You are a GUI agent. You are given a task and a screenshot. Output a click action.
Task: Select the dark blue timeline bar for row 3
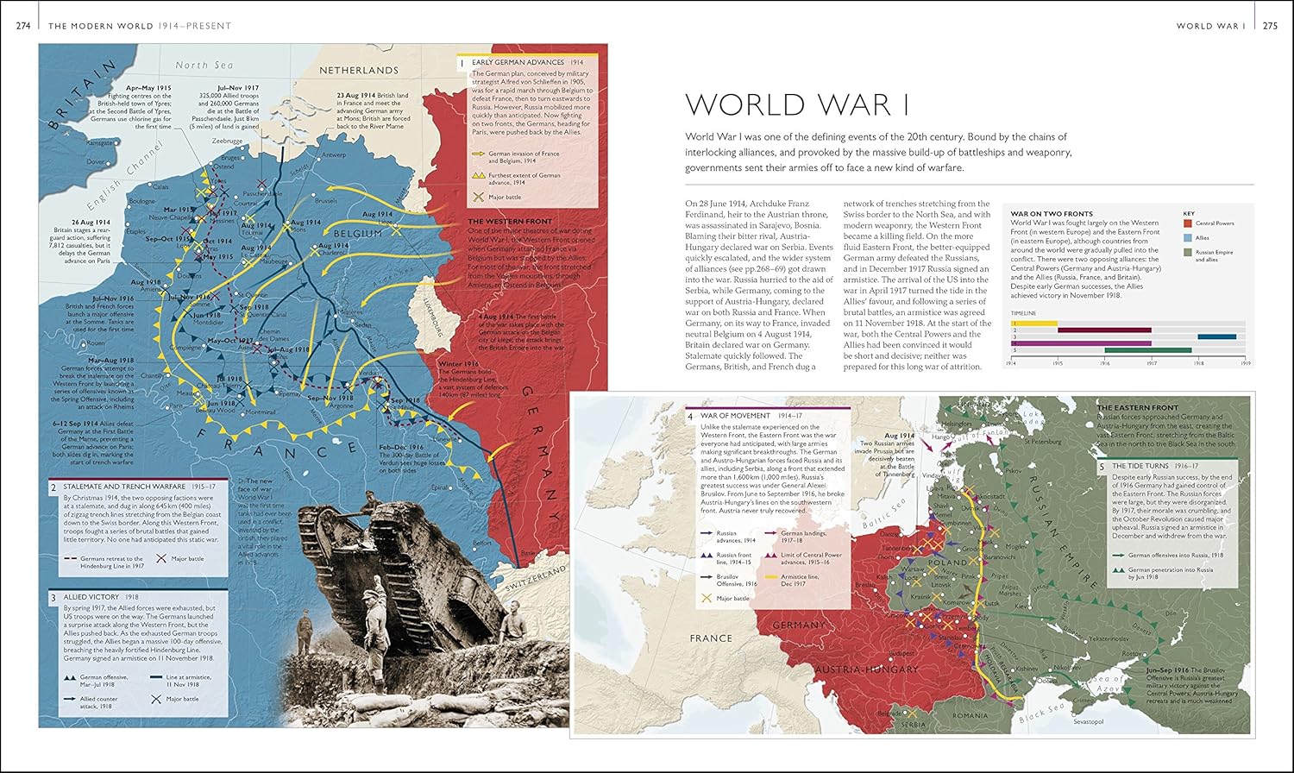coord(1216,336)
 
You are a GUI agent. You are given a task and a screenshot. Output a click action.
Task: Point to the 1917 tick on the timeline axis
coord(1152,364)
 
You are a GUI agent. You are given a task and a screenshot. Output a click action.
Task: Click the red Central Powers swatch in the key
coord(1187,223)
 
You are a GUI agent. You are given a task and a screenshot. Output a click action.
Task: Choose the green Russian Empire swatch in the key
coord(1187,253)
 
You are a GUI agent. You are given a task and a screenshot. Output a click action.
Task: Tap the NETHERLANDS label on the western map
coord(359,70)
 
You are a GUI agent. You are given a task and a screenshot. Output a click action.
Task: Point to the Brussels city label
coord(326,200)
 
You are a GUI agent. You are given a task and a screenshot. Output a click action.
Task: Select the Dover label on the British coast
coord(95,161)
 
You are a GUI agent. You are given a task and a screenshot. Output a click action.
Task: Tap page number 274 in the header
coord(23,26)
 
